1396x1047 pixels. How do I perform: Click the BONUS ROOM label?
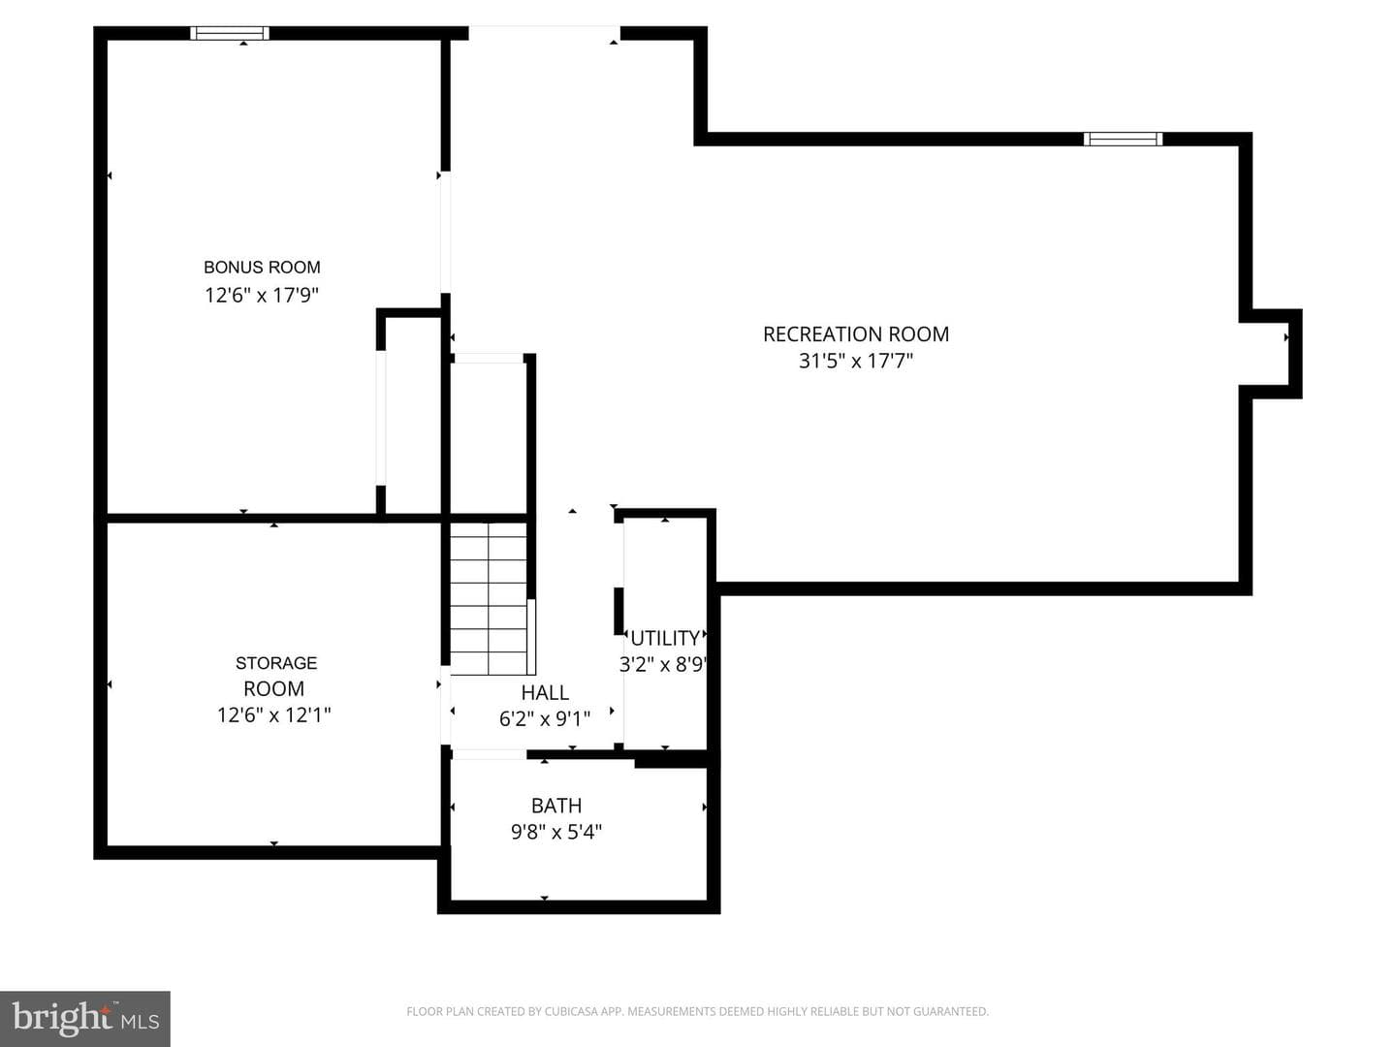coord(262,267)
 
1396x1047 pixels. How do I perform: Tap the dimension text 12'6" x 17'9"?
coord(262,296)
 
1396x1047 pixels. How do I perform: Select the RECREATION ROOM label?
coord(856,333)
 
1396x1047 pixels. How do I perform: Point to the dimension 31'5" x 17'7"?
coord(856,361)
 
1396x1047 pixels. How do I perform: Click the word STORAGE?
coord(276,663)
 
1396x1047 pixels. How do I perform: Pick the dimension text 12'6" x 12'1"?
coord(274,715)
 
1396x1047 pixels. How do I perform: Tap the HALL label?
coord(545,691)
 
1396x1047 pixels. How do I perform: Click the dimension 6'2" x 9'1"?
coord(545,719)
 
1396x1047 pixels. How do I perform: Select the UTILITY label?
coord(665,638)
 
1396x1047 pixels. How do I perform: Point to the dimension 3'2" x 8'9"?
coord(663,665)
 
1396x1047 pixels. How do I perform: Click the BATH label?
coord(556,806)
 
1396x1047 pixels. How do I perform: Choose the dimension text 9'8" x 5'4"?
coord(556,832)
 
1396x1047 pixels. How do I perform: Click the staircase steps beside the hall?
coord(489,598)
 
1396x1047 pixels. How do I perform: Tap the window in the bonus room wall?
coord(230,33)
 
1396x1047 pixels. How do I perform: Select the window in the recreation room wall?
coord(1124,140)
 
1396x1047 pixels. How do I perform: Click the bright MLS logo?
coord(85,1019)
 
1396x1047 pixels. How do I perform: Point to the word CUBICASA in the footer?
coord(568,1011)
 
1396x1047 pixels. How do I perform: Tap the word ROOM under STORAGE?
coord(274,688)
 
